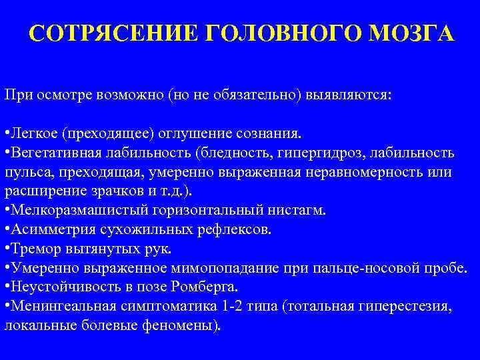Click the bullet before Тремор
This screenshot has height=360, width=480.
point(7,249)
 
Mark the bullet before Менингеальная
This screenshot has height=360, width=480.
point(7,307)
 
